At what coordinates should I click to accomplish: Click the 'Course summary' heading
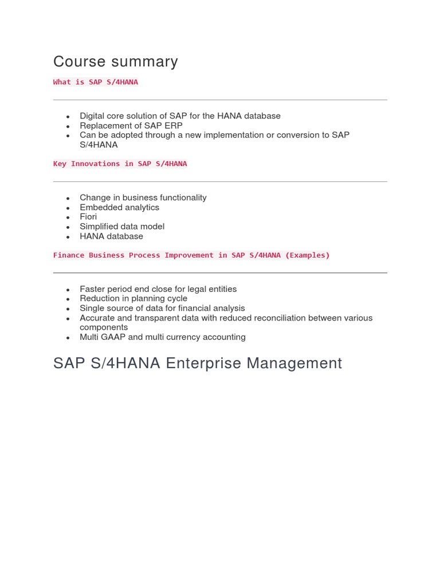click(x=115, y=62)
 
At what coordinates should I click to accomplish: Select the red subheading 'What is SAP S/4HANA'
click(x=96, y=82)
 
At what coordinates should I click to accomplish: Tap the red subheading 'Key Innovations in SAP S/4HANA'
click(x=120, y=164)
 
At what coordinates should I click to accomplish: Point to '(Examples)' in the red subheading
click(x=308, y=255)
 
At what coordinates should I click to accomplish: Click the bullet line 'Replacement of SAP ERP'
click(x=131, y=125)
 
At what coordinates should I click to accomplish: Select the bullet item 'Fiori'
click(x=88, y=217)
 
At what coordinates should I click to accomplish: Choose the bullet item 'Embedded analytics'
click(x=119, y=207)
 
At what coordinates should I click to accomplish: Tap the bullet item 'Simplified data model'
click(x=122, y=227)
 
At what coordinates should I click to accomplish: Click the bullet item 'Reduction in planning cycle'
click(x=133, y=299)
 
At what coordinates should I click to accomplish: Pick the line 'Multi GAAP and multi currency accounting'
click(x=163, y=337)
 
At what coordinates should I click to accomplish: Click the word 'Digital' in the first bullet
click(x=92, y=116)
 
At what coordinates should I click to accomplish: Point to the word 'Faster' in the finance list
click(x=92, y=289)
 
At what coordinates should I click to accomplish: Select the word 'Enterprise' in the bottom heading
click(x=205, y=363)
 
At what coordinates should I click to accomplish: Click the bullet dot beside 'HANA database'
click(x=68, y=237)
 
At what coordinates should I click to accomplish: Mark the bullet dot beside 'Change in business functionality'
click(x=68, y=199)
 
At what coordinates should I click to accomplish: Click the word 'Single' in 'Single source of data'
click(x=92, y=308)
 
